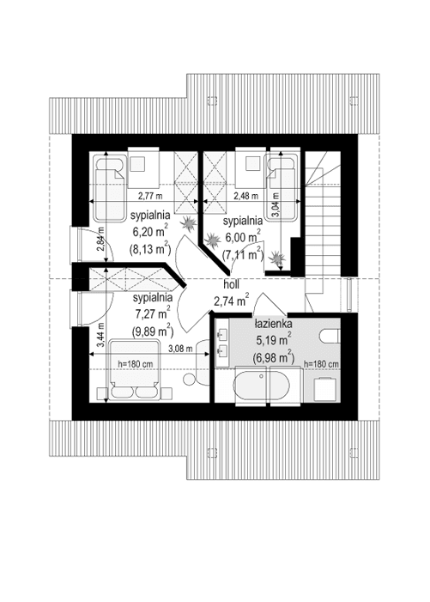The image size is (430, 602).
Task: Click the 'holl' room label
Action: pos(231,284)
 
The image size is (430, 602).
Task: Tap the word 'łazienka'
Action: pos(274,323)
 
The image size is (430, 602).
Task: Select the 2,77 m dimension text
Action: pos(150,196)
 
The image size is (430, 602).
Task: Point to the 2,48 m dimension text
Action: pos(245,196)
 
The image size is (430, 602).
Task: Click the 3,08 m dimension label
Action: pos(180,349)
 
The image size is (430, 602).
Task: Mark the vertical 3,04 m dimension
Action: pos(276,204)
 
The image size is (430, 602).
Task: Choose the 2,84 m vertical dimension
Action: pos(100,240)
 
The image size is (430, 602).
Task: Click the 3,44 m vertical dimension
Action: pos(100,335)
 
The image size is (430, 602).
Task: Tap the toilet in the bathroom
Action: pos(330,336)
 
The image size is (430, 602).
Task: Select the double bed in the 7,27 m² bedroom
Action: pos(135,369)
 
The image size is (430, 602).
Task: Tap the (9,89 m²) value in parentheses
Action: pos(151,330)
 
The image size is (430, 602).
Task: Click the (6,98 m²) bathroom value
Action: pos(273,356)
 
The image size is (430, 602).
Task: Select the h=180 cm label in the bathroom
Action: pos(321,363)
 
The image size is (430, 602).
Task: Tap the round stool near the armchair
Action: pos(189,380)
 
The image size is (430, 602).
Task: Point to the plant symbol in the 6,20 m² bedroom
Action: pos(189,223)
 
